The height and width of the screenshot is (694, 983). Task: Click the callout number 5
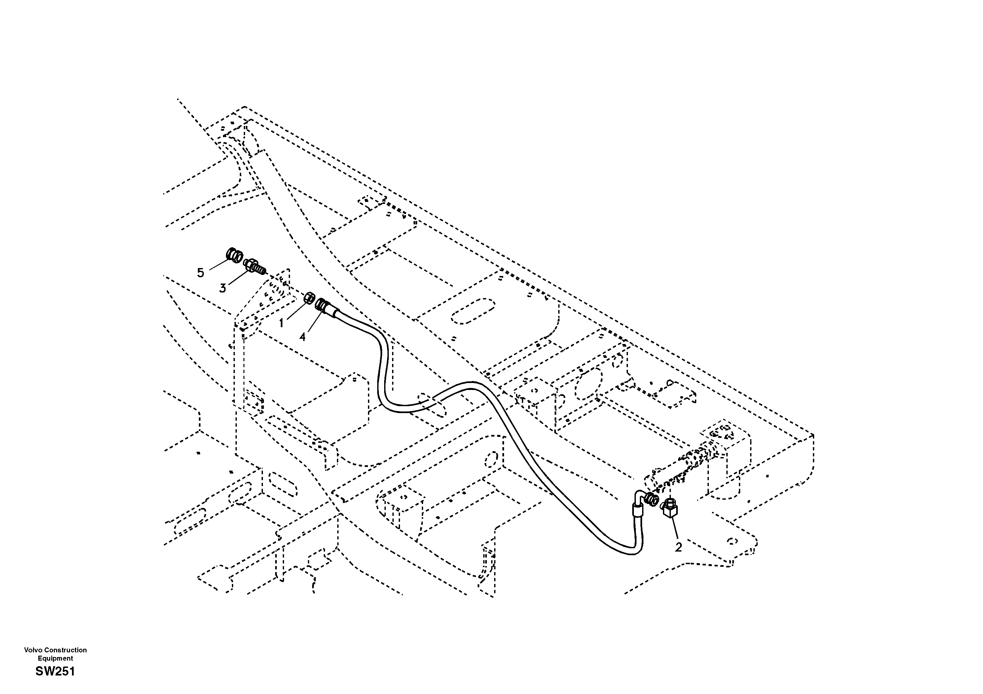tap(200, 273)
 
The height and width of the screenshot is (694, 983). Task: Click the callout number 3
tap(223, 288)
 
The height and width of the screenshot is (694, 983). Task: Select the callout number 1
tap(281, 323)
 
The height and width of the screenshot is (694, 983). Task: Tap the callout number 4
tap(303, 337)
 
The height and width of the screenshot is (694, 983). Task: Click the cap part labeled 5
tap(234, 256)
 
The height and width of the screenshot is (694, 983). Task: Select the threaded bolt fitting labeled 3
tap(254, 266)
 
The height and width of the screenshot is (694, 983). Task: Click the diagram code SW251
tap(55, 672)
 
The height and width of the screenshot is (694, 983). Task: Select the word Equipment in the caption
tap(55, 658)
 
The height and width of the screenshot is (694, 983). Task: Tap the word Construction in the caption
tap(65, 650)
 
